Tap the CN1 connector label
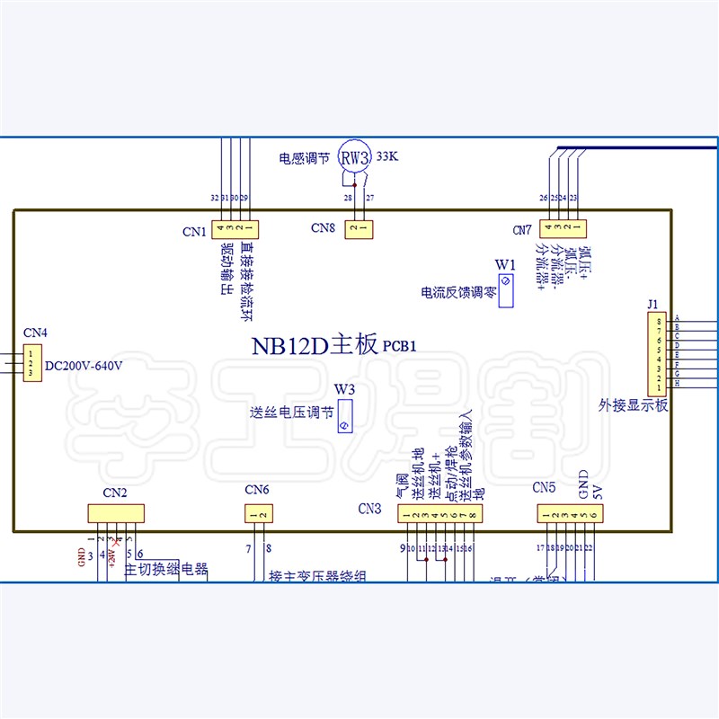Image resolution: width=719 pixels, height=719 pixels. pyautogui.click(x=194, y=231)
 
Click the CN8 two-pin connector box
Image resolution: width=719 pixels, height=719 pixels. pyautogui.click(x=359, y=229)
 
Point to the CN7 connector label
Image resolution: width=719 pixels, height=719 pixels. pyautogui.click(x=522, y=230)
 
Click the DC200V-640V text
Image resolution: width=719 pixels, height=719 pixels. pyautogui.click(x=83, y=366)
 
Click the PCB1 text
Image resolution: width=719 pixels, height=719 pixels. pyautogui.click(x=401, y=345)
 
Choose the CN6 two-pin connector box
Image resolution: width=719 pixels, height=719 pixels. pyautogui.click(x=259, y=514)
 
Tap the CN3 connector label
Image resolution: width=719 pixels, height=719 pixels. pyautogui.click(x=369, y=509)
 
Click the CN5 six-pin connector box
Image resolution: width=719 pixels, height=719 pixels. pyautogui.click(x=570, y=514)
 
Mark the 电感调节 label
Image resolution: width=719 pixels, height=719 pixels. pyautogui.click(x=304, y=158)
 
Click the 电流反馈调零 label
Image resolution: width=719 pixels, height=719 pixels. pyautogui.click(x=458, y=292)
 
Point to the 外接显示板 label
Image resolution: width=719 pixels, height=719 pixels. pyautogui.click(x=634, y=405)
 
